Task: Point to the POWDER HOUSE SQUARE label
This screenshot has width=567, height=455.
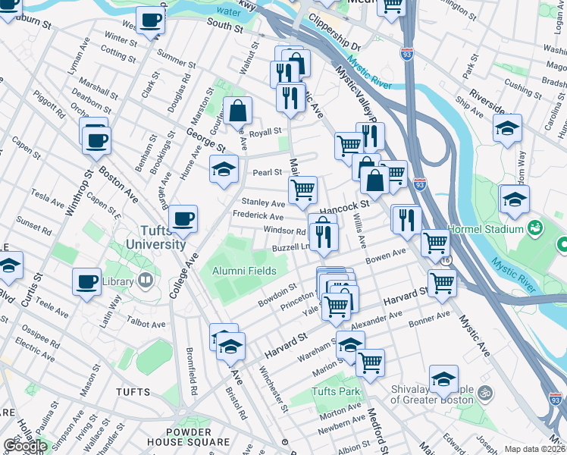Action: (188, 436)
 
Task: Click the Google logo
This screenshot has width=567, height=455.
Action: (24, 445)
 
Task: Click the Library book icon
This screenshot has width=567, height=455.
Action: (145, 281)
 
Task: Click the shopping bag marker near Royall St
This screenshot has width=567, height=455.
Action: (238, 111)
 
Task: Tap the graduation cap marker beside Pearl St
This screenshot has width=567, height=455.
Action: (224, 170)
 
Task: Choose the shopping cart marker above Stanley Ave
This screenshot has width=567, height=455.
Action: (302, 189)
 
